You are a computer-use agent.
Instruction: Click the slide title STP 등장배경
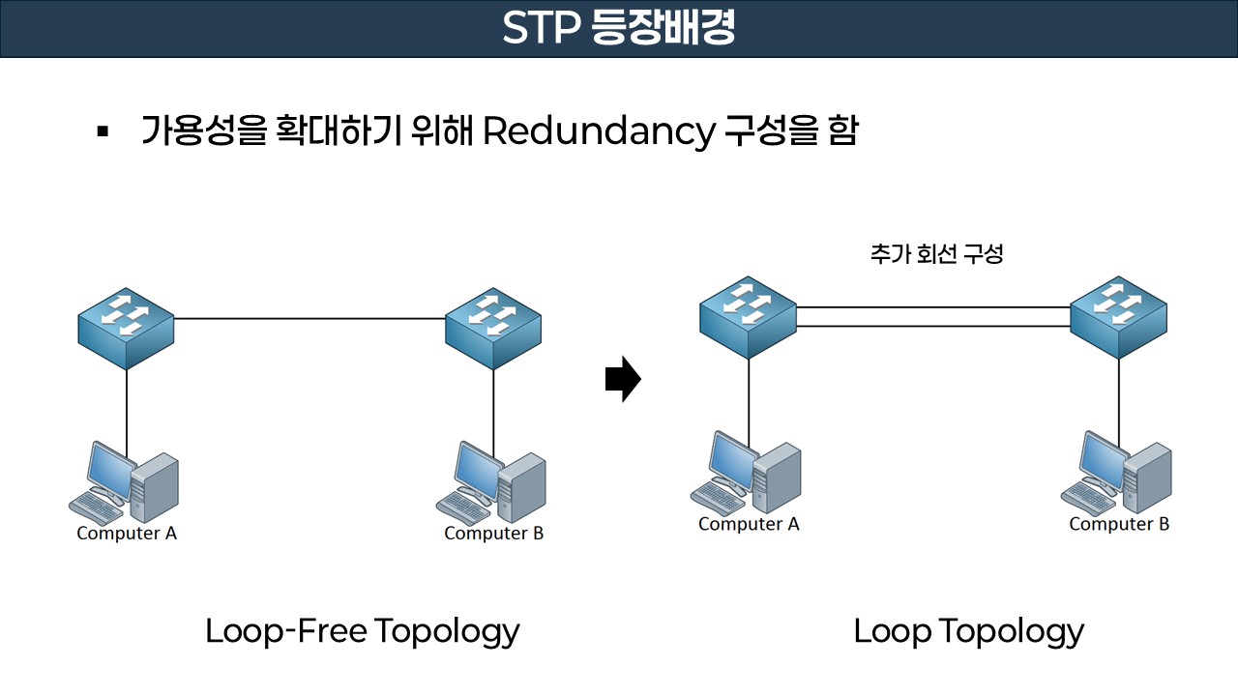[619, 29]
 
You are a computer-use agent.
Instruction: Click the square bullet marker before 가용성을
[103, 130]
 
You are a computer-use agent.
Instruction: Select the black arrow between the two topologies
[623, 380]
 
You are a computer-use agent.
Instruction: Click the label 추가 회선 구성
[936, 255]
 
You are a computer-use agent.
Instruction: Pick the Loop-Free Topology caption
[363, 631]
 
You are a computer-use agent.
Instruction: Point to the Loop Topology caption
[968, 631]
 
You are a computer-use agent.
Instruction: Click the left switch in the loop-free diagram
[126, 327]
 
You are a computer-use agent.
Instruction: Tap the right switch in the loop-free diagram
[493, 327]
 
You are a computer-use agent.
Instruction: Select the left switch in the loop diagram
[748, 317]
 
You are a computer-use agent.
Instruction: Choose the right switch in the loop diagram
[1118, 317]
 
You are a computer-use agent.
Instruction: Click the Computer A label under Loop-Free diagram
[127, 533]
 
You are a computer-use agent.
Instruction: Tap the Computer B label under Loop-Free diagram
[493, 533]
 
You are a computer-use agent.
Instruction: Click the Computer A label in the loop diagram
[749, 524]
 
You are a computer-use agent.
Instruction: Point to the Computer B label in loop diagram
[1119, 524]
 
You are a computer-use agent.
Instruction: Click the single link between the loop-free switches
[309, 318]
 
